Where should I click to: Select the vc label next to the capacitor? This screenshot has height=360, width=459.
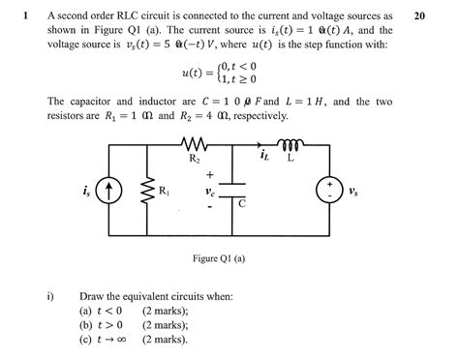pyautogui.click(x=211, y=192)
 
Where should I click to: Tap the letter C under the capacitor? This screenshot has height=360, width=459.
pyautogui.click(x=242, y=205)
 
